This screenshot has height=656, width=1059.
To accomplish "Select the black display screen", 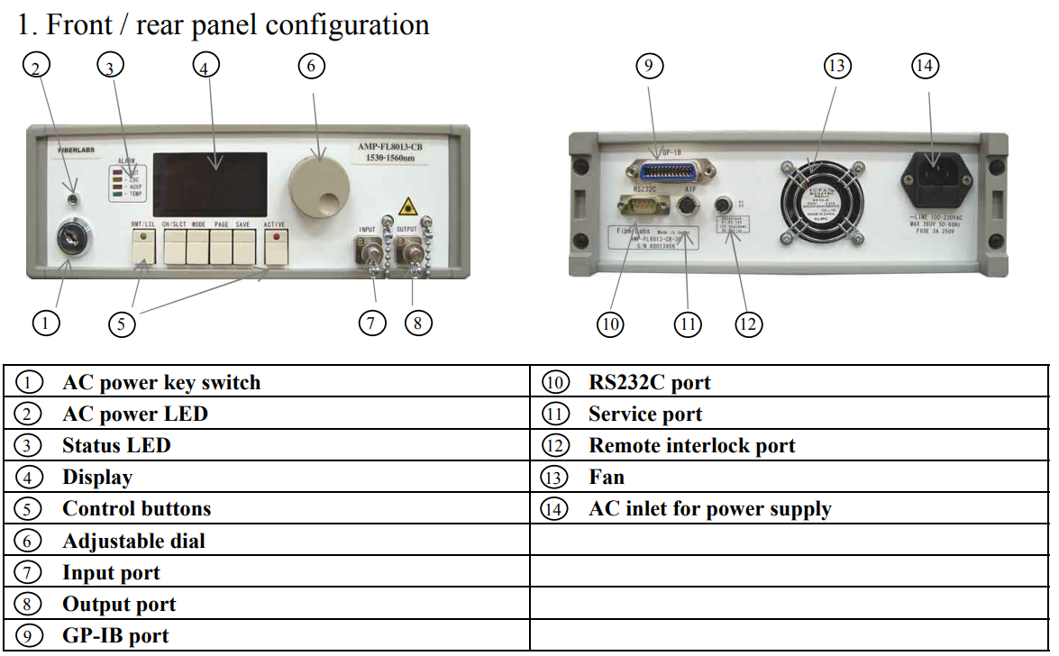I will coord(209,184).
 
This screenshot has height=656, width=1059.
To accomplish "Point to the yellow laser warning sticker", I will coord(407,205).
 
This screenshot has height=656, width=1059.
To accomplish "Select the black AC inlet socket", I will coord(936,176).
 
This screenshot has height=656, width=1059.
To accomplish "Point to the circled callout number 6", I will coord(311,66).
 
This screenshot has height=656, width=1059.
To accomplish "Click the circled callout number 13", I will coord(837,66).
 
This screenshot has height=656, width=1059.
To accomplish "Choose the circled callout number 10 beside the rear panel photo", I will coord(611,323).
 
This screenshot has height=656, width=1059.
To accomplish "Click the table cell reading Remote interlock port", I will coord(692,445).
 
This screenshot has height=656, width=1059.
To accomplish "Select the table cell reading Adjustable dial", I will coord(133,541).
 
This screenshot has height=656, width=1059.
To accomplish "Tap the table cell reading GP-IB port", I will coord(115,636).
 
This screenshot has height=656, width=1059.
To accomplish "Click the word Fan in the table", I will coord(607,477).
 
